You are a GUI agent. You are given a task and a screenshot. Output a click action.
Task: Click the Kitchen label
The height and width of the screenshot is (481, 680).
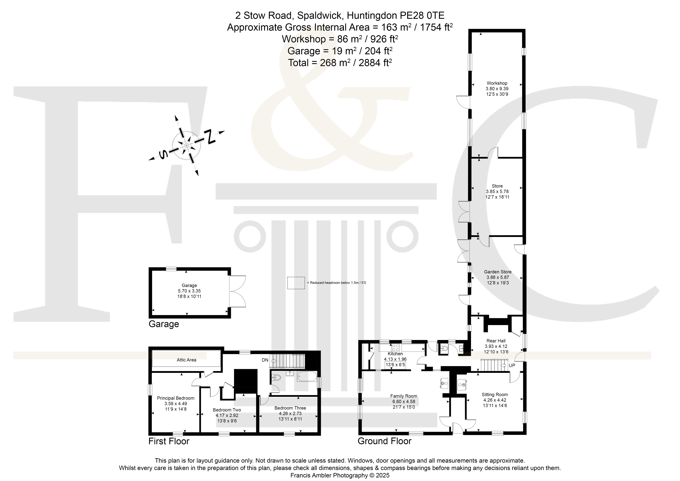click(395, 354)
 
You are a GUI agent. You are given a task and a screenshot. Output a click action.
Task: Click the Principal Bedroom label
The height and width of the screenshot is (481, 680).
click(176, 398)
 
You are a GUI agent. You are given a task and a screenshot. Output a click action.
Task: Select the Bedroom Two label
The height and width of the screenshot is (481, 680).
click(227, 410)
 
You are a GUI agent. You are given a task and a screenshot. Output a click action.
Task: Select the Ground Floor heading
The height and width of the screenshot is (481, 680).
click(384, 441)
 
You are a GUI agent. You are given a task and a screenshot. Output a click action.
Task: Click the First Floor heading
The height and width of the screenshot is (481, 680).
click(169, 441)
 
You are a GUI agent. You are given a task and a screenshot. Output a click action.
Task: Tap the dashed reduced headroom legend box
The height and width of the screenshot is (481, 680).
click(296, 283)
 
